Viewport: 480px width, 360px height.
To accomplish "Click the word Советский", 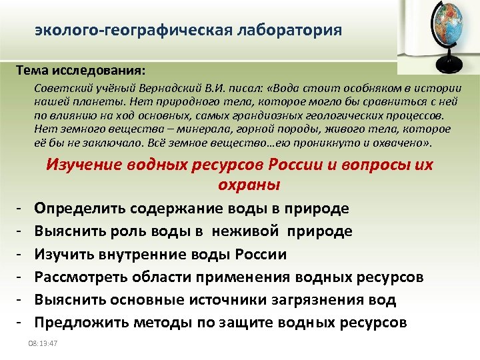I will (x=59, y=89).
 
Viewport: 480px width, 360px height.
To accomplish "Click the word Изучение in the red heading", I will (x=83, y=165).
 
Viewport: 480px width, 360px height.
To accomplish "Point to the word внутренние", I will (x=144, y=254).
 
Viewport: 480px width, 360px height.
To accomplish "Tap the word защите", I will (x=266, y=323).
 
